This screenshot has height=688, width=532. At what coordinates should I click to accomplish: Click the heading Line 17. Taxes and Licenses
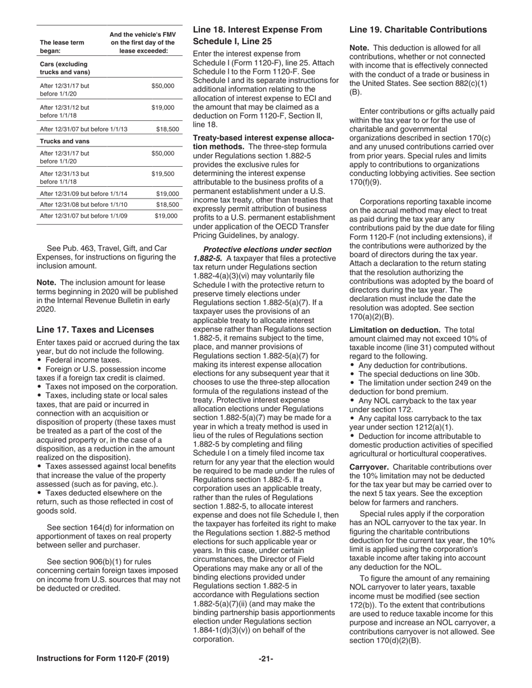(x=95, y=329)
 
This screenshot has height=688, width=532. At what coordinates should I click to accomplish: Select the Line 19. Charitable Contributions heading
(x=418, y=30)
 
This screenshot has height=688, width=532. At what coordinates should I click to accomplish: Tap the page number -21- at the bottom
(x=265, y=658)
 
